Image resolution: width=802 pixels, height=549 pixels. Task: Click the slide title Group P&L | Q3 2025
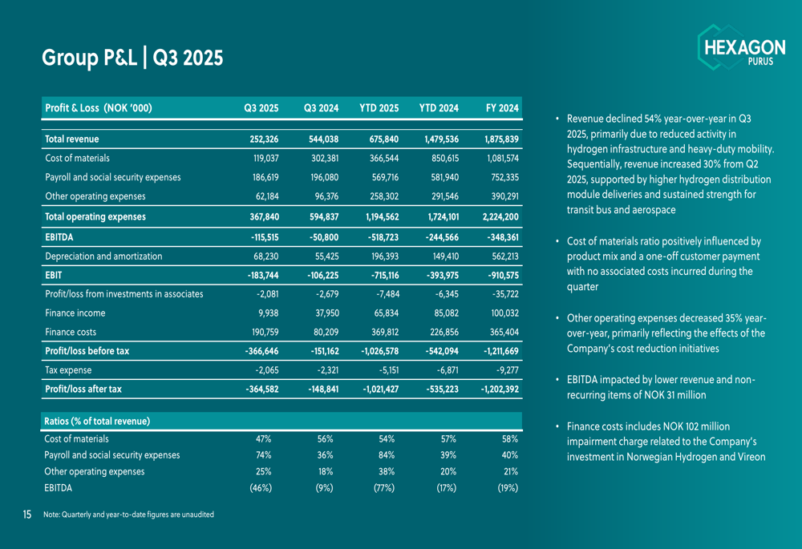132,59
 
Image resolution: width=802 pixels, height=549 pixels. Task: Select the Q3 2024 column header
321,108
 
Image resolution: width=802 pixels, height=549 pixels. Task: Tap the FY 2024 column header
503,108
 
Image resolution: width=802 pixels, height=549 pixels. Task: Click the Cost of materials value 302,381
323,158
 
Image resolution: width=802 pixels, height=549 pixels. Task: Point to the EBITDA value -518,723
381,236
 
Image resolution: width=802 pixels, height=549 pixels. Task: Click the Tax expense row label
68,370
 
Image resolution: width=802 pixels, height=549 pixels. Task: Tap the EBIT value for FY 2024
500,275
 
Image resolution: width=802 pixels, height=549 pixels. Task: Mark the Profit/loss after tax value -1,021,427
376,390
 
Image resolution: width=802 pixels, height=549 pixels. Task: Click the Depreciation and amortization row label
103,256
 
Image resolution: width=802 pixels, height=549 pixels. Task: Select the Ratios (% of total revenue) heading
98,421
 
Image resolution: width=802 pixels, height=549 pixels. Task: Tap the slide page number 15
27,514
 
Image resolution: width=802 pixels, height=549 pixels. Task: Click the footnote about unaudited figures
128,514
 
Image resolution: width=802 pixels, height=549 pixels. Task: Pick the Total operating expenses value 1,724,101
439,216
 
